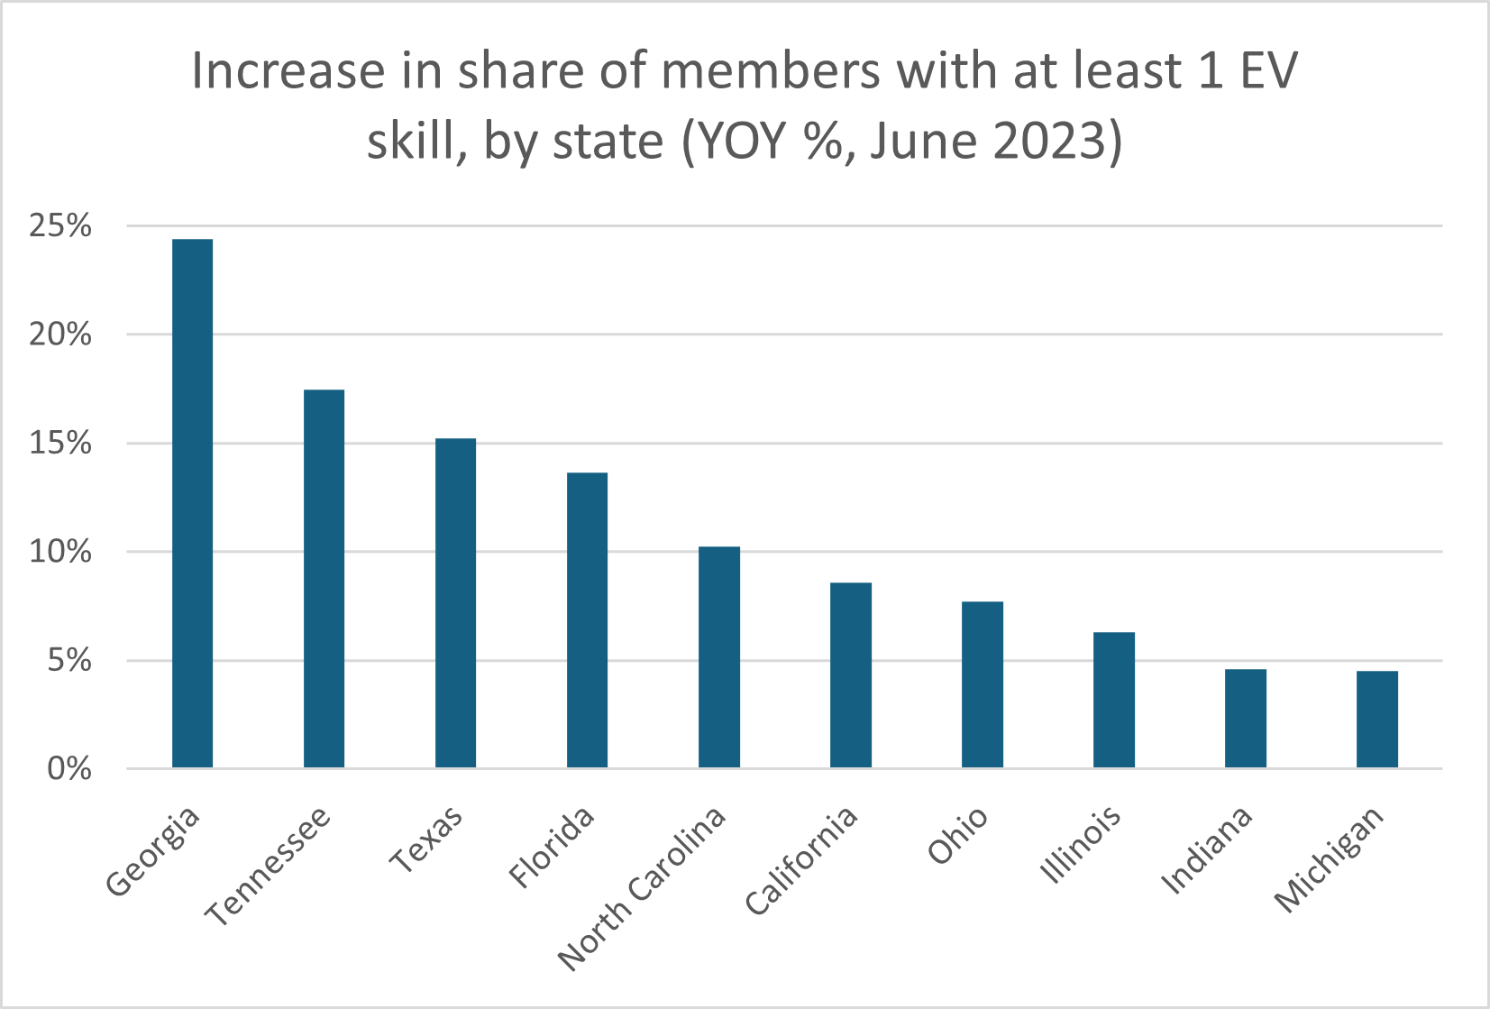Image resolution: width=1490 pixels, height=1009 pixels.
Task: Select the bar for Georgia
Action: [x=192, y=503]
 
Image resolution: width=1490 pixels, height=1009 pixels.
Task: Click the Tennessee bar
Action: [x=324, y=578]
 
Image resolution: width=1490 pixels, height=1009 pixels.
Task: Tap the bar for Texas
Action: [x=455, y=603]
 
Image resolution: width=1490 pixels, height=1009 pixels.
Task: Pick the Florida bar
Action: [x=588, y=620]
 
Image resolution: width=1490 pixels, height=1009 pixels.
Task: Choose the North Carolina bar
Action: [x=719, y=657]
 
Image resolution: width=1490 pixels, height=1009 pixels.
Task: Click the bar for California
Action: [x=851, y=674]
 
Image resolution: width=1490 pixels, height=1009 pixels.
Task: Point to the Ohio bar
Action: [x=983, y=685]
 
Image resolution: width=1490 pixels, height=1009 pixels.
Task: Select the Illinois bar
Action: [x=1114, y=701]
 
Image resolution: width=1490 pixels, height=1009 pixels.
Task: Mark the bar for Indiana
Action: [x=1246, y=719]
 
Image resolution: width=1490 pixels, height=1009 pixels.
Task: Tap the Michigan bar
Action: [x=1377, y=720]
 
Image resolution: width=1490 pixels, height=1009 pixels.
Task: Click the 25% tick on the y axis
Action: [x=59, y=226]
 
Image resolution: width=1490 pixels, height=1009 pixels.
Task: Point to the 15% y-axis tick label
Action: [x=59, y=444]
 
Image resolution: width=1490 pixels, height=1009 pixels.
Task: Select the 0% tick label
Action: [x=69, y=769]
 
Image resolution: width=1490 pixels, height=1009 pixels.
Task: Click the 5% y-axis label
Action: [x=69, y=660]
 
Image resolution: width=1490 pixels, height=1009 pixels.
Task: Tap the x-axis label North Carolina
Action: [x=641, y=889]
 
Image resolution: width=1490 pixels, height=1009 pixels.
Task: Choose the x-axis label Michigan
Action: [x=1329, y=860]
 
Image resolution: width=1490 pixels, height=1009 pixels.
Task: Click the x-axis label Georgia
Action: [x=152, y=851]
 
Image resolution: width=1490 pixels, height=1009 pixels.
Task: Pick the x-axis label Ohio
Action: [x=957, y=835]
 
